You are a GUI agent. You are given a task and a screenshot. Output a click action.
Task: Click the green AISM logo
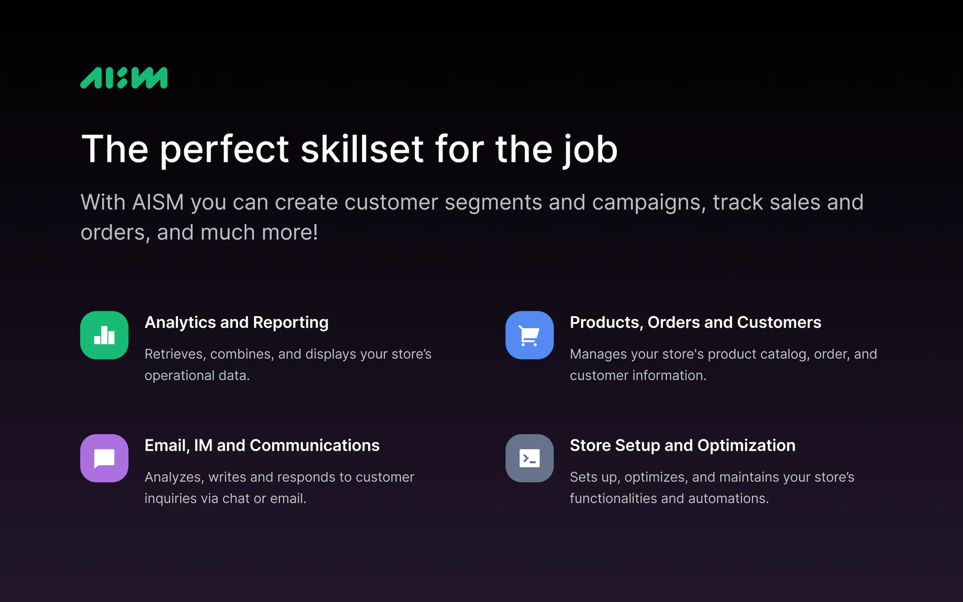click(124, 78)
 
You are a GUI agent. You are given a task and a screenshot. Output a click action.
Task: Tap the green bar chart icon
click(104, 335)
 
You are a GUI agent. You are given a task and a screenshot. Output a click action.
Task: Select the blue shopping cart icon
click(530, 335)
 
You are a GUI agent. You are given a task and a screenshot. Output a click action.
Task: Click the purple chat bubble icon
click(104, 458)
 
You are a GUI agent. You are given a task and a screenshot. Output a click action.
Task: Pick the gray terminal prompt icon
click(530, 458)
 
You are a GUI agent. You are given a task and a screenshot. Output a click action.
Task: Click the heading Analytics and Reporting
click(237, 323)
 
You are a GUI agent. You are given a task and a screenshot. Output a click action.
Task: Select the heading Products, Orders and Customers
click(695, 323)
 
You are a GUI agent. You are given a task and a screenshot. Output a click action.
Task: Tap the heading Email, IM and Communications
click(262, 445)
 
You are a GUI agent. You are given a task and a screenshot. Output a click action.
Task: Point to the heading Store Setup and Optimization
click(683, 446)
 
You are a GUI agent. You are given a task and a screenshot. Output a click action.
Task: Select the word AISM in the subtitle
click(158, 202)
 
